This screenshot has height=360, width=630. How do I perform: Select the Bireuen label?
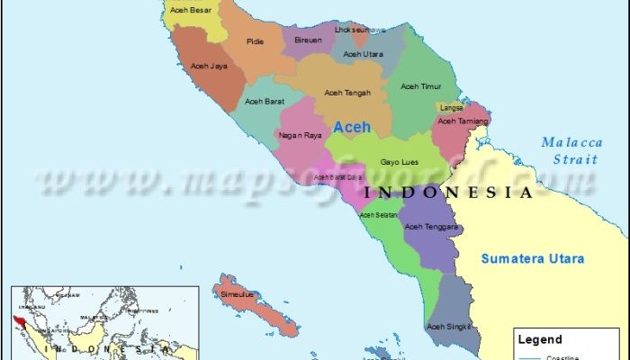pos(309,41)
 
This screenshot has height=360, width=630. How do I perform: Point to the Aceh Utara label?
pos(363,54)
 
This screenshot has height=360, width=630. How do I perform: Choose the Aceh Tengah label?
pos(346,92)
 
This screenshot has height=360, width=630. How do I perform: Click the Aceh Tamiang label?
pos(463,120)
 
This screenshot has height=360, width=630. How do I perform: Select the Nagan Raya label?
pos(300,136)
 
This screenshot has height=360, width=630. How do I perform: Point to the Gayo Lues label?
pos(397,162)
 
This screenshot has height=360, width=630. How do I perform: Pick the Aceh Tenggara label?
pos(431,226)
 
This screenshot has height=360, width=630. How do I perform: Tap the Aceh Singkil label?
pos(448,326)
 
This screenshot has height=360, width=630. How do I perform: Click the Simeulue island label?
pos(238,294)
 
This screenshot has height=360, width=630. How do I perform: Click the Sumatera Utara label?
pos(532,259)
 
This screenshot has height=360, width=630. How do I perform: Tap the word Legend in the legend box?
pos(542,340)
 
